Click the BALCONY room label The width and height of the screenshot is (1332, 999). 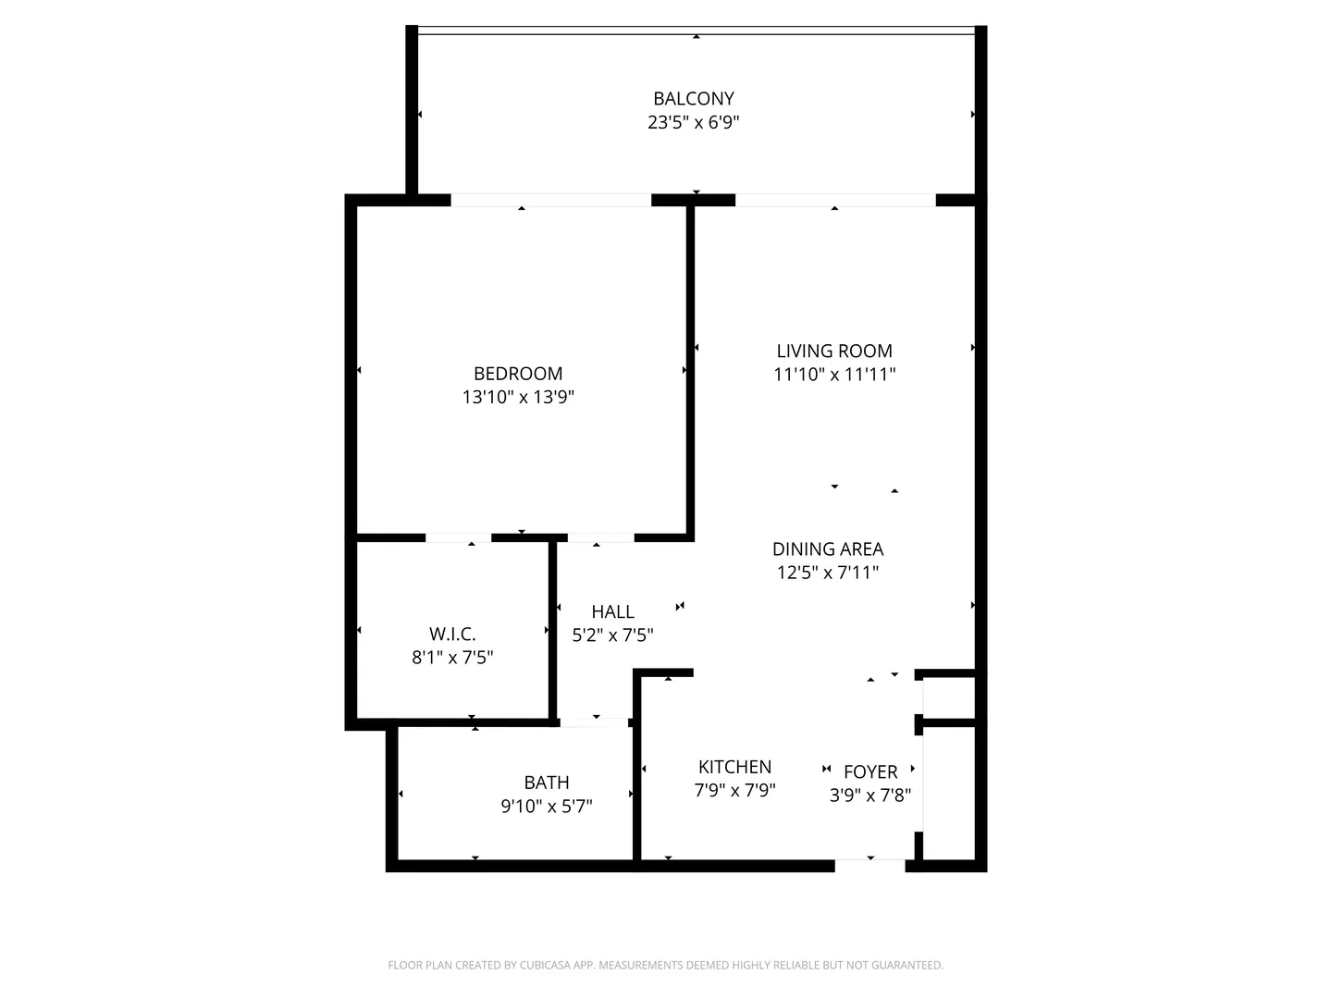(693, 98)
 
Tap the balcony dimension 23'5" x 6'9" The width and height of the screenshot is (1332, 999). (693, 122)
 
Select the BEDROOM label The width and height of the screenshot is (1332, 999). (518, 373)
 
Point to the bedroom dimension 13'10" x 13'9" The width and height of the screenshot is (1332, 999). (518, 397)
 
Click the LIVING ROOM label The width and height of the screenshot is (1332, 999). (834, 351)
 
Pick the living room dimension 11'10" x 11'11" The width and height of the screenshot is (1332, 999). (834, 375)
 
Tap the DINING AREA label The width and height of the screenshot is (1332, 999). (828, 549)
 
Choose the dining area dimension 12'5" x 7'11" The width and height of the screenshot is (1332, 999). (828, 572)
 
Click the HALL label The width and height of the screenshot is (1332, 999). (613, 611)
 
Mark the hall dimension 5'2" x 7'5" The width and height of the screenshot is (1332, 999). (613, 635)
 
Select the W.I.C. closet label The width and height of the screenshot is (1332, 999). (452, 634)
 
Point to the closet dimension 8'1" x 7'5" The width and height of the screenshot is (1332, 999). (452, 657)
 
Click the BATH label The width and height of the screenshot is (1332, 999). (546, 783)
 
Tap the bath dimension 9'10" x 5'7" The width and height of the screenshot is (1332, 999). (546, 806)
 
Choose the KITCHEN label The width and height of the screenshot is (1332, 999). (734, 767)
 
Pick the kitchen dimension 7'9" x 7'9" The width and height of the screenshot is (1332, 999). (734, 790)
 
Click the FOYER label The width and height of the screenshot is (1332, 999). (870, 771)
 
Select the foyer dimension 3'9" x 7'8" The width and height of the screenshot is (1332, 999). (870, 795)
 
